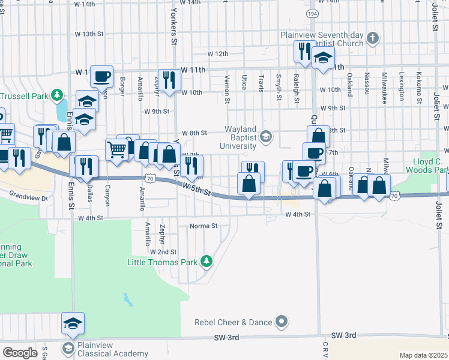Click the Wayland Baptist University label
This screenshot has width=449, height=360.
pyautogui.click(x=241, y=137)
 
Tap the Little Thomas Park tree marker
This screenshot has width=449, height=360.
pyautogui.click(x=206, y=261)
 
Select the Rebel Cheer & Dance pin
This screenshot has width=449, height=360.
pyautogui.click(x=280, y=322)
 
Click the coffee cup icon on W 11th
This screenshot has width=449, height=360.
pyautogui.click(x=102, y=76)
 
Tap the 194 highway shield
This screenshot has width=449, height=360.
pyautogui.click(x=312, y=13)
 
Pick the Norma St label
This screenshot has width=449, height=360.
pyautogui.click(x=203, y=226)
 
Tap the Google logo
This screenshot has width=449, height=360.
pyautogui.click(x=20, y=352)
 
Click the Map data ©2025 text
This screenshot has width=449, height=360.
pyautogui.click(x=423, y=355)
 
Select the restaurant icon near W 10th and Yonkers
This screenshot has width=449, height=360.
pyautogui.click(x=169, y=80)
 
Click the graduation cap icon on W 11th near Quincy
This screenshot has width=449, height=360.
pyautogui.click(x=323, y=59)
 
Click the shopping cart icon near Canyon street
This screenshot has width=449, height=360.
pyautogui.click(x=117, y=149)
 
